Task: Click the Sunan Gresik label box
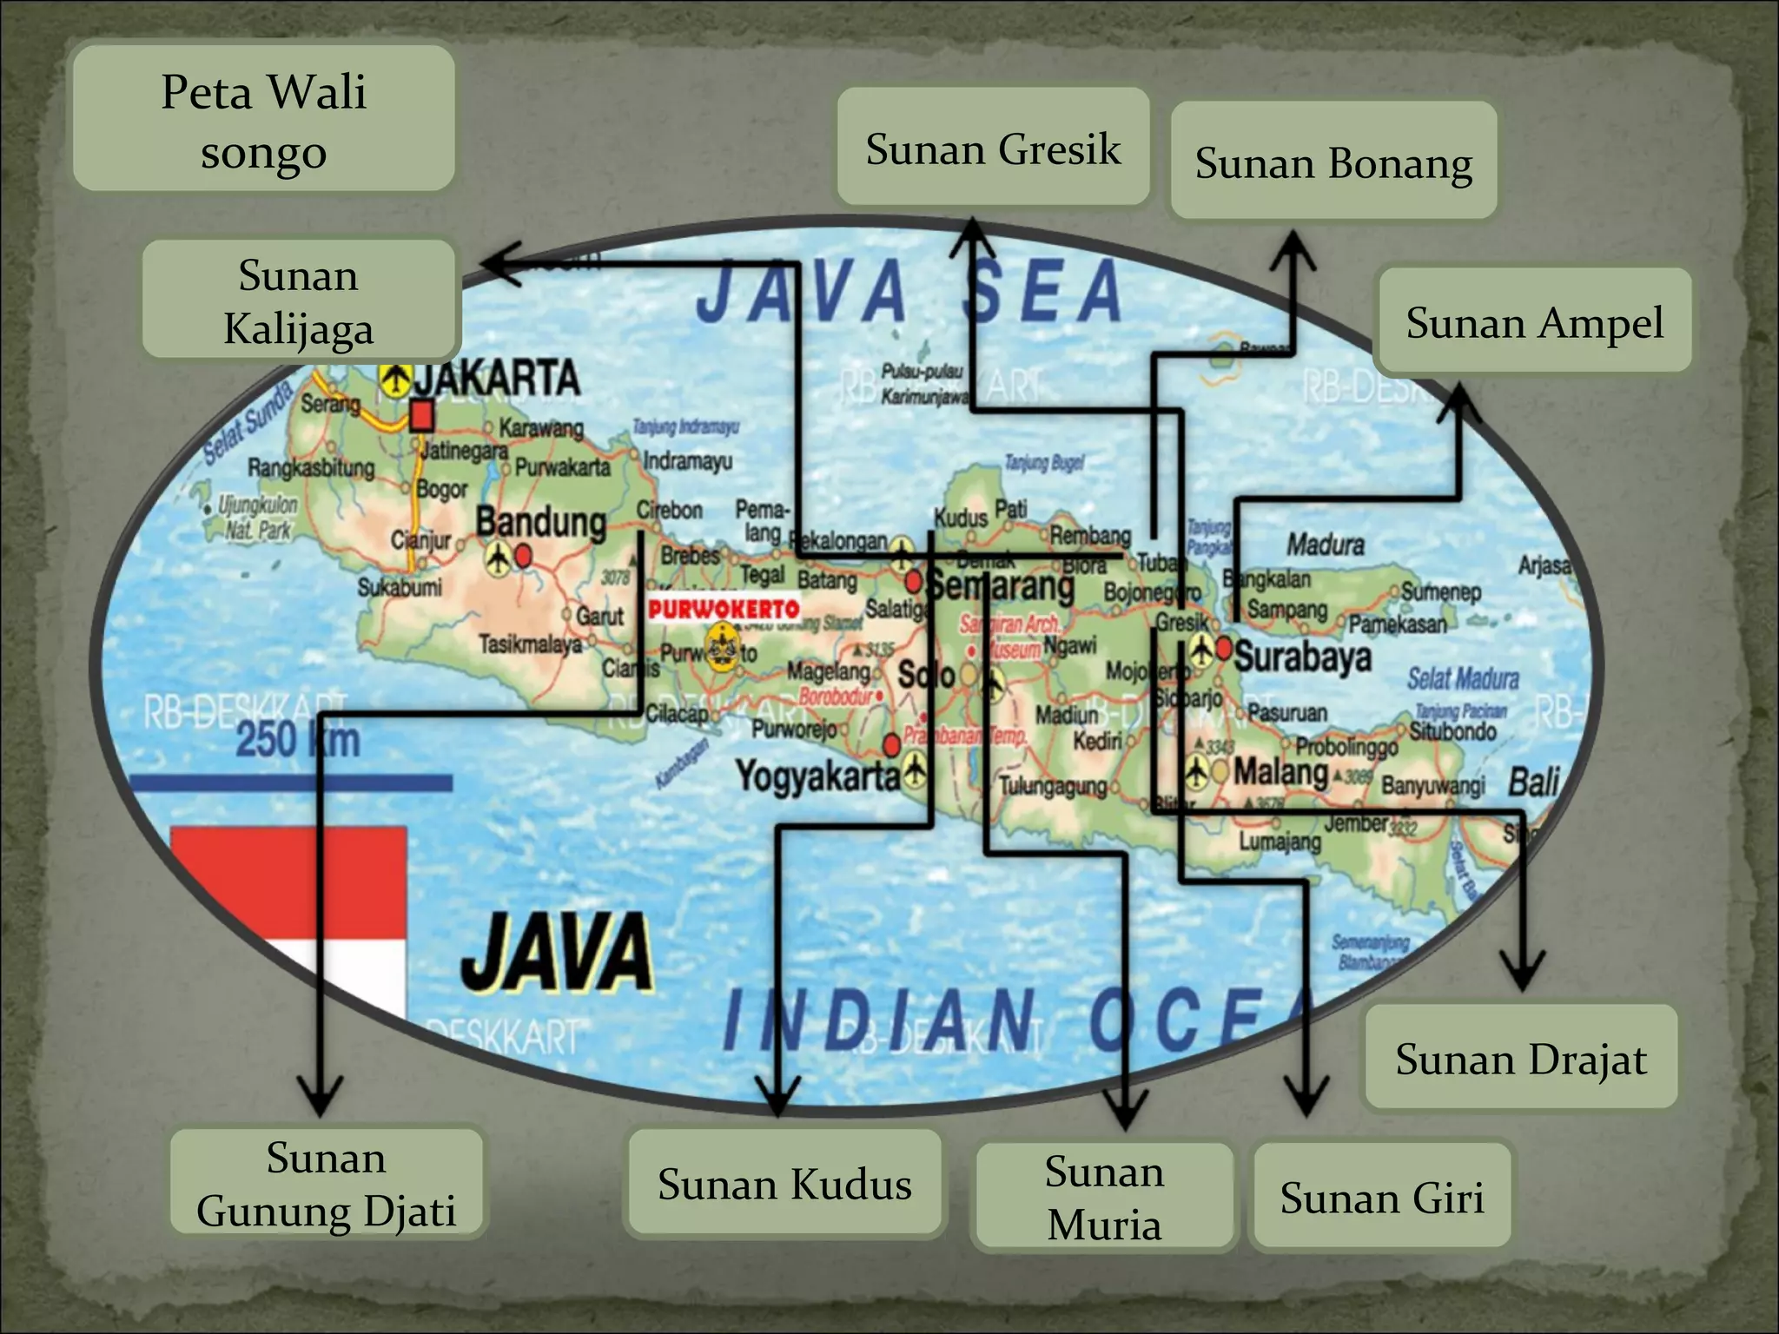click(993, 147)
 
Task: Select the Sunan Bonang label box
click(1333, 161)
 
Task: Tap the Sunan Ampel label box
click(1534, 320)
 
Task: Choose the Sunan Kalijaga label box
click(299, 300)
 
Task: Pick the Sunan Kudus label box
click(784, 1182)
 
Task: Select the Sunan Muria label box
click(1104, 1196)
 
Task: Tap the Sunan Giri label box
click(1382, 1196)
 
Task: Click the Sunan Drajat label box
click(1520, 1057)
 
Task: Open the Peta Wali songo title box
click(264, 119)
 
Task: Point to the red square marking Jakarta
click(422, 416)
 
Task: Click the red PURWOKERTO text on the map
click(723, 609)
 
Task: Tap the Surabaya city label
click(1303, 657)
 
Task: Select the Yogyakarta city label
click(817, 774)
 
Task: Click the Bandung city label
click(540, 523)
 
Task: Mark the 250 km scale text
click(298, 740)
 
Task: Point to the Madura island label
click(1325, 545)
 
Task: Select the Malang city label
click(1281, 770)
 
